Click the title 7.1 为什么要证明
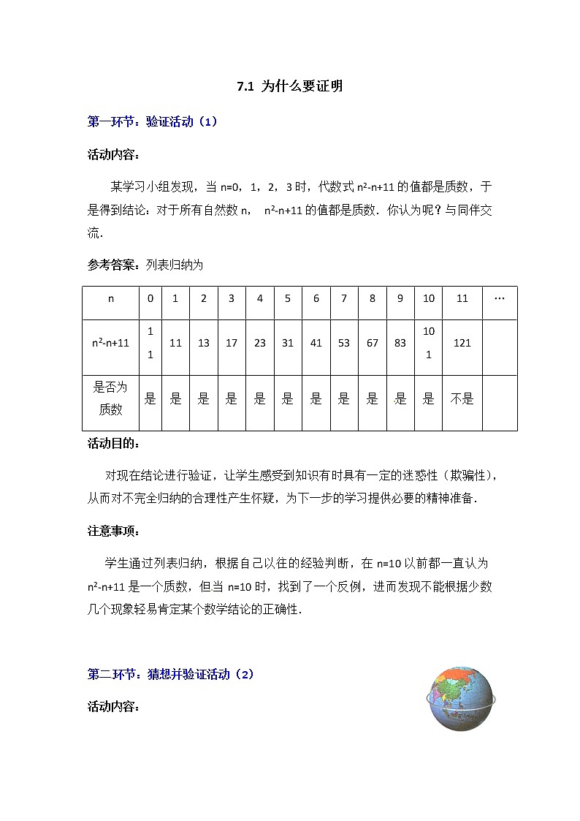click(290, 86)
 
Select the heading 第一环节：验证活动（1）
click(152, 122)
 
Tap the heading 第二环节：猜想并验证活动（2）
click(170, 674)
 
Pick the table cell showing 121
click(462, 343)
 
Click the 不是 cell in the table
click(462, 399)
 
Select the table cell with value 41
click(316, 343)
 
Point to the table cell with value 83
click(400, 343)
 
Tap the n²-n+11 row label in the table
click(111, 343)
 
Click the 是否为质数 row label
click(111, 399)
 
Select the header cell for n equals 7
click(344, 299)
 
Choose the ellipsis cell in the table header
click(500, 299)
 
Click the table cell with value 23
click(260, 343)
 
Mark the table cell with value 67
click(373, 343)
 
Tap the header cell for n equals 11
click(462, 299)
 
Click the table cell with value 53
click(344, 343)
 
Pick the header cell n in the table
click(111, 299)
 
